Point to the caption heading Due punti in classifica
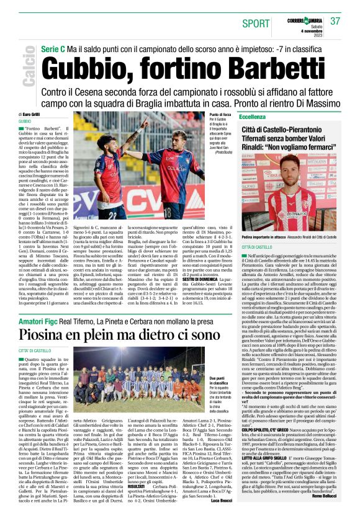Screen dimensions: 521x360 [x=216, y=380]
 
